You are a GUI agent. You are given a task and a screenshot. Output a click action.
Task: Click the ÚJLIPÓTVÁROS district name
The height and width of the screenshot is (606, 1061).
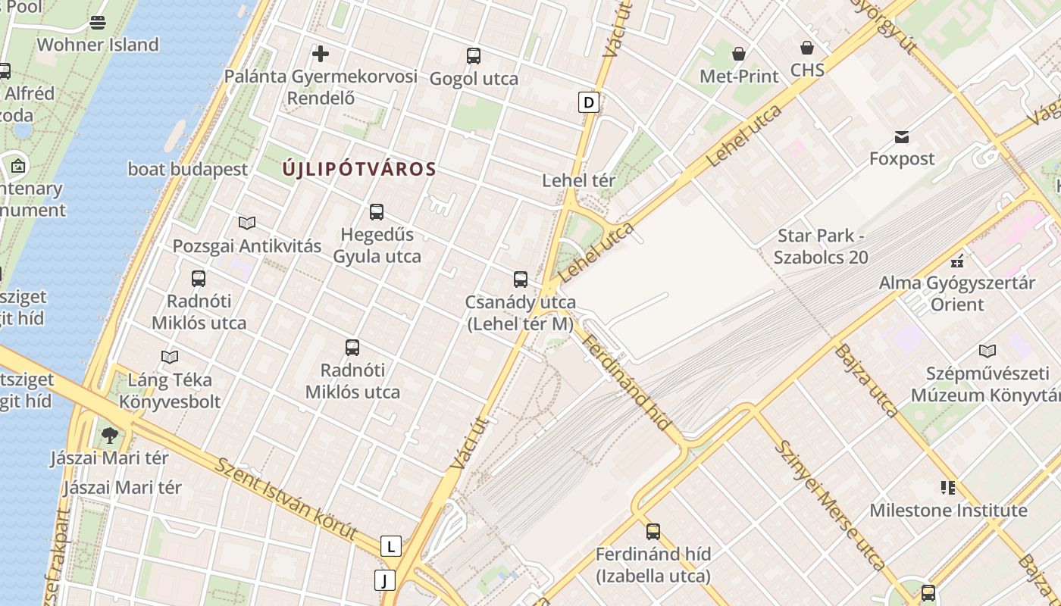(x=359, y=169)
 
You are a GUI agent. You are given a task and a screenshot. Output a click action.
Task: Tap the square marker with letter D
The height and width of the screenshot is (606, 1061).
(x=589, y=102)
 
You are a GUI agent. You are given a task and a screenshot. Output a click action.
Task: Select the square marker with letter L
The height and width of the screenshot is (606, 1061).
(x=390, y=546)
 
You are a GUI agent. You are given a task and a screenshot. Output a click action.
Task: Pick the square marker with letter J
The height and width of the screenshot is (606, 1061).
(x=385, y=581)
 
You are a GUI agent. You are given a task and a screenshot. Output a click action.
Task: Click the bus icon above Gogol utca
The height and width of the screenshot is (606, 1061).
(x=474, y=55)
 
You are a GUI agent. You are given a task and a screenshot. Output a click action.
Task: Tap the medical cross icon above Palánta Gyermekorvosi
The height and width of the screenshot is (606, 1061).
(x=321, y=54)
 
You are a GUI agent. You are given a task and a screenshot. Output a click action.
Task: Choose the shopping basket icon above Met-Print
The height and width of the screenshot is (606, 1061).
(x=738, y=53)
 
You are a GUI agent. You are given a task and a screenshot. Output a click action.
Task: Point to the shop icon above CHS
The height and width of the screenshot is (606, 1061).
(x=807, y=48)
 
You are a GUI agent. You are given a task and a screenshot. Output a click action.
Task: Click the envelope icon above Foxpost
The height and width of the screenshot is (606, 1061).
(x=902, y=136)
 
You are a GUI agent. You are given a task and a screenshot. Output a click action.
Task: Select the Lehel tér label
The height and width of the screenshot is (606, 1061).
(x=579, y=180)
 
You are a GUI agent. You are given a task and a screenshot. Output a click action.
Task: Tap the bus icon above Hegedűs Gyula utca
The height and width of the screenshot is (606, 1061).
(x=377, y=212)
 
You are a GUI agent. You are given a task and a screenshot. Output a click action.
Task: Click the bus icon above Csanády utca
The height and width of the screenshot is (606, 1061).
(x=521, y=279)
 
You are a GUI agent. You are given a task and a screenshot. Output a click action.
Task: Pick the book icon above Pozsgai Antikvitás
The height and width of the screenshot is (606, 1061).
(x=247, y=223)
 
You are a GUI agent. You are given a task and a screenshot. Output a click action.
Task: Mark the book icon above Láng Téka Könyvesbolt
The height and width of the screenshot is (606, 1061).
(x=170, y=356)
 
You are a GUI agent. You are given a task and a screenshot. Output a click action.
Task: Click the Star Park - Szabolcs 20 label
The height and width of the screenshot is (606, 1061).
(x=822, y=246)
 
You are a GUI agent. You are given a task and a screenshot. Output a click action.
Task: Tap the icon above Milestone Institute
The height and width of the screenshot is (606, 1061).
(x=948, y=487)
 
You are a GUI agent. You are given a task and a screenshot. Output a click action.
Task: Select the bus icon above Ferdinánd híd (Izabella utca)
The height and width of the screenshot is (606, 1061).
(x=653, y=531)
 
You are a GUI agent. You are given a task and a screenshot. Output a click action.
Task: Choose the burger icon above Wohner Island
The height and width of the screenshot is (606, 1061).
(x=98, y=22)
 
